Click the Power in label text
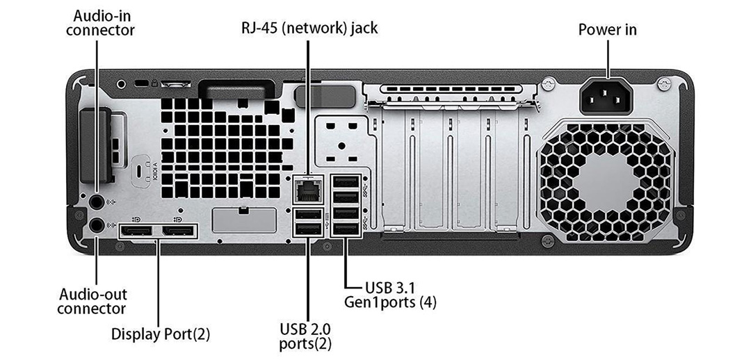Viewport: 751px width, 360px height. coord(607,29)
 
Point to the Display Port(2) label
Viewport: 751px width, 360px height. coord(160,333)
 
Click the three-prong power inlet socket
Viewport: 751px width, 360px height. coord(607,98)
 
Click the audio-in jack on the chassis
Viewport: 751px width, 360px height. coord(97,201)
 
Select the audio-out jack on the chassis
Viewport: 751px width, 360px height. coord(97,224)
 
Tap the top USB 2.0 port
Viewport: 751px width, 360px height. coord(307,215)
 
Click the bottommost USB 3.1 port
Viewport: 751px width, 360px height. coord(346,228)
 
